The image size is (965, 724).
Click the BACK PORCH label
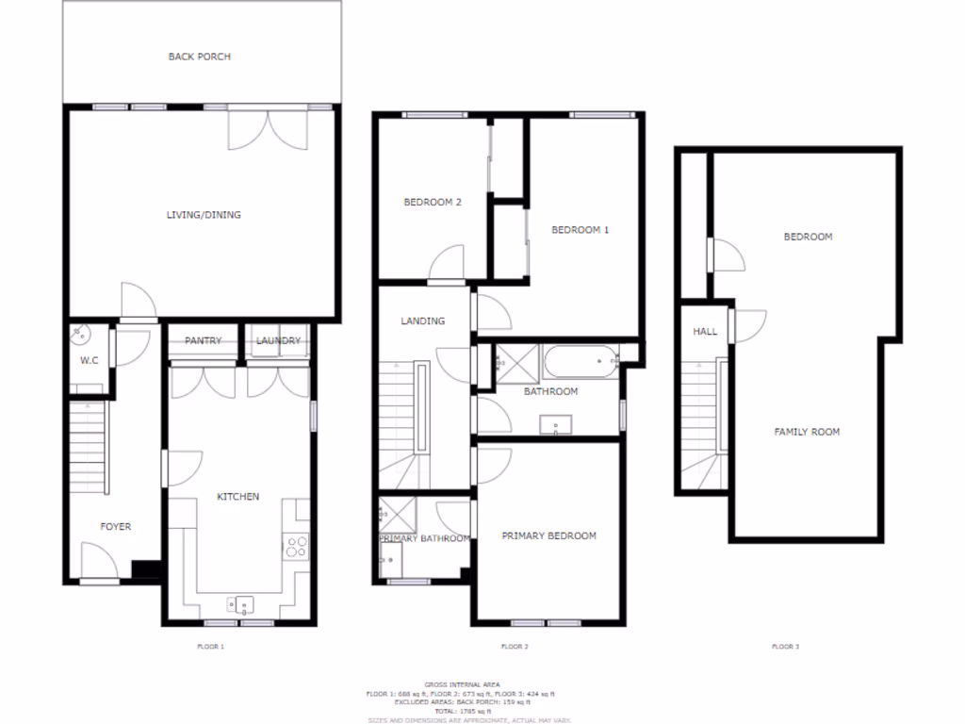[x=199, y=57]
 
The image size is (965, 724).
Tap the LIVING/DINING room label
[x=204, y=215]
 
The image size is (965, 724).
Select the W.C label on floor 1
[x=90, y=360]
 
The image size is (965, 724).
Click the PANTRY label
[x=203, y=340]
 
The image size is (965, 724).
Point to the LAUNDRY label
[x=278, y=340]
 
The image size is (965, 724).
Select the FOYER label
[x=116, y=527]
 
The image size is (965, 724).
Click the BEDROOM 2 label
[x=433, y=202]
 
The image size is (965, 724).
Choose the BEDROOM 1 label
[x=581, y=229]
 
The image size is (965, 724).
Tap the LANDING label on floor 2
[x=422, y=321]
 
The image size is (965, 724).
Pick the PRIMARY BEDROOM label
[x=548, y=535]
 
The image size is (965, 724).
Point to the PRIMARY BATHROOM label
[x=424, y=538]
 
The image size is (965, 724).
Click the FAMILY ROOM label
[x=807, y=432]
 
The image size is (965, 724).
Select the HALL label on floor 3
[x=705, y=332]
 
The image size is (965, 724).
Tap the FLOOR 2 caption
[x=514, y=647]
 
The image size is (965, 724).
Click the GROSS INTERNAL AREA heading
[x=461, y=683]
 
